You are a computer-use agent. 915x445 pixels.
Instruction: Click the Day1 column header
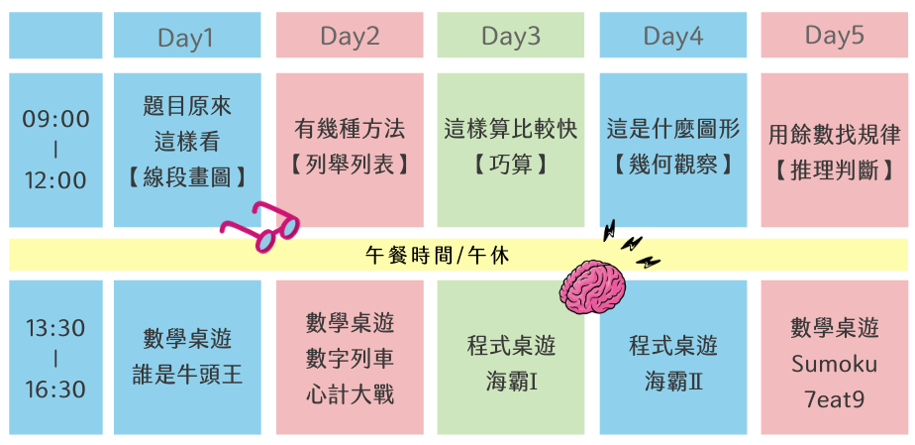(186, 37)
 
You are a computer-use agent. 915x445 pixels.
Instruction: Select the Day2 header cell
(350, 37)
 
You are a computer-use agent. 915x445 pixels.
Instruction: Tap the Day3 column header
(511, 37)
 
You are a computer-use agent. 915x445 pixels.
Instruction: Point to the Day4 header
(673, 37)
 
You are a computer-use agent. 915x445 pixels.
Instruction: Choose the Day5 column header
(834, 37)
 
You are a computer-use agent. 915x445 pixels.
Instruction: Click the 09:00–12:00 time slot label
(55, 150)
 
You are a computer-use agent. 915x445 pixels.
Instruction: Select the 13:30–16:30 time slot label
(55, 358)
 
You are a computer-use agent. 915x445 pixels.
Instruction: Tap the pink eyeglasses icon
(260, 226)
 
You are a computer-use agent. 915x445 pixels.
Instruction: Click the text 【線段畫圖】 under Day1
(187, 176)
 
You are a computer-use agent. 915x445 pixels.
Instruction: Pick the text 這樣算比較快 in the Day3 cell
(511, 129)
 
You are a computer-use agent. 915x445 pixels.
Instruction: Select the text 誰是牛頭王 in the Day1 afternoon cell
(187, 375)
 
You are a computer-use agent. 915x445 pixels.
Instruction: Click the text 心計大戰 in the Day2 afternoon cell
(350, 393)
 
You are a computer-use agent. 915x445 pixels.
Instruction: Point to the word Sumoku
(834, 364)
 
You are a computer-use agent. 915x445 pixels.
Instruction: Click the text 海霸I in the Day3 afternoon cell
(511, 381)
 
